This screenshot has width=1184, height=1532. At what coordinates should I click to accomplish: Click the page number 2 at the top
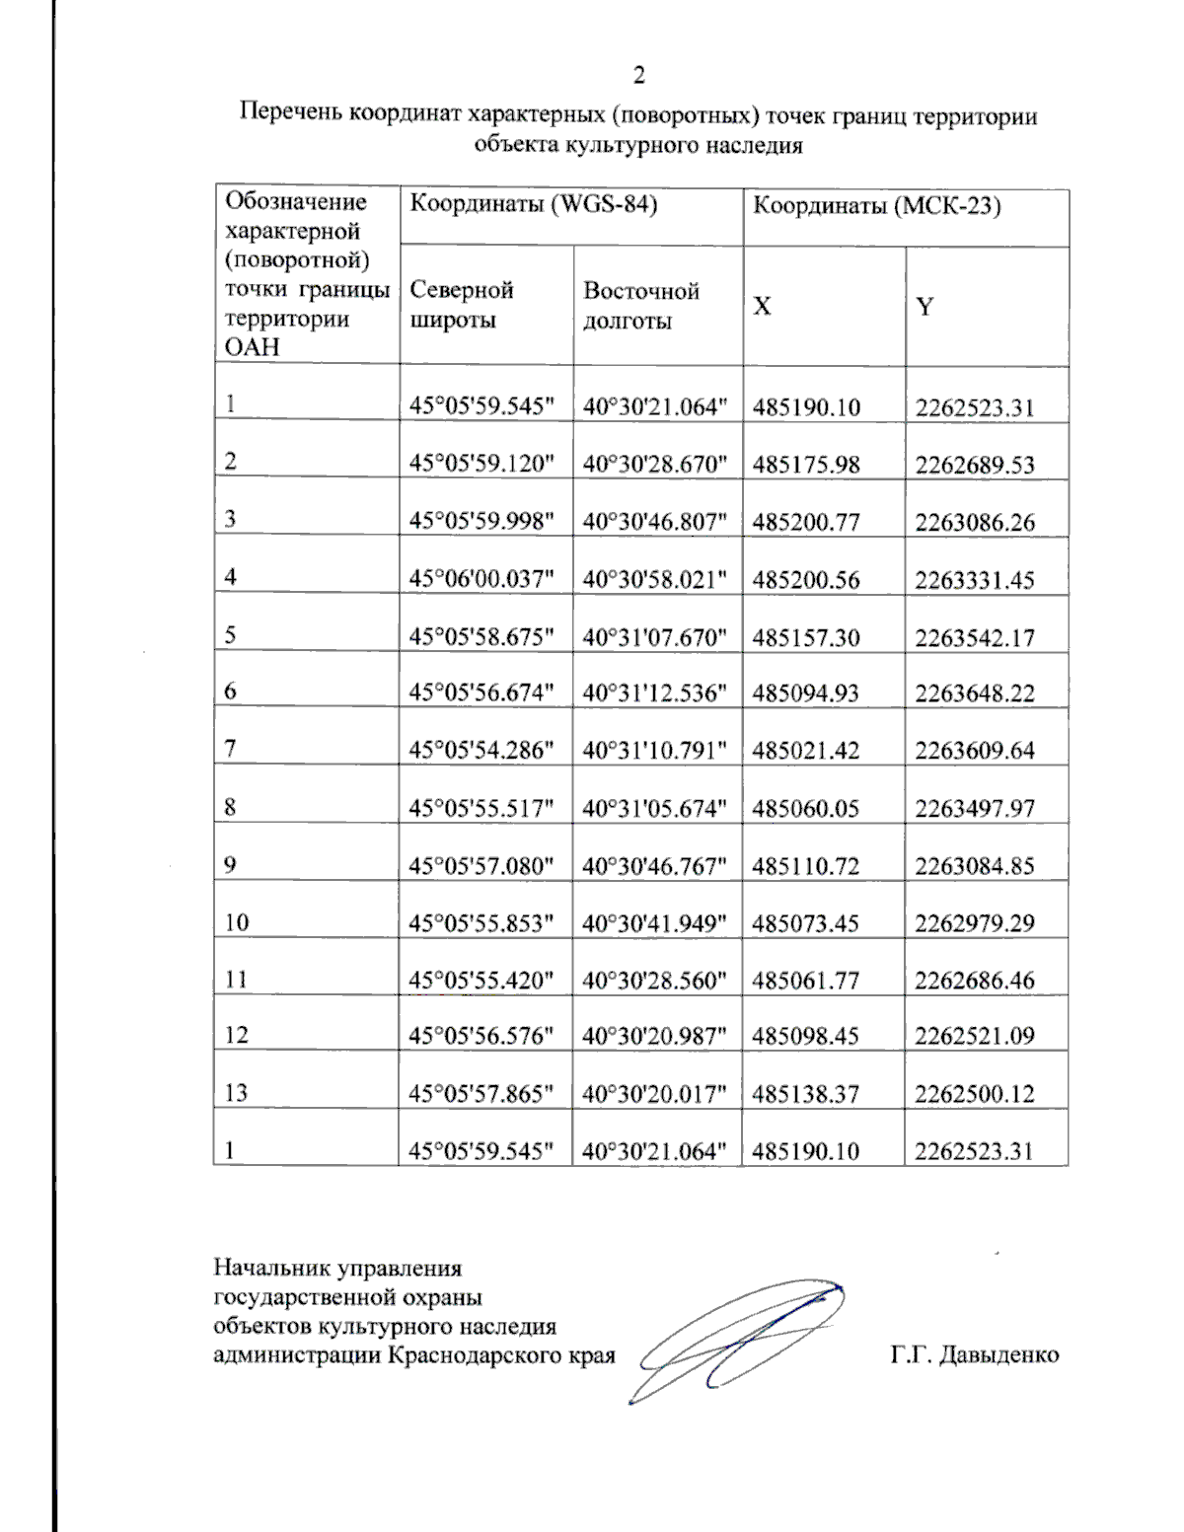click(638, 75)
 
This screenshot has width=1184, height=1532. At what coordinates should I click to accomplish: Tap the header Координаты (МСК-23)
click(876, 205)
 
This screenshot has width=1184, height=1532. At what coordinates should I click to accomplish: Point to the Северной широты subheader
click(461, 305)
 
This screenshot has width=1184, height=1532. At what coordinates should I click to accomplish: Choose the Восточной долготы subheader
click(640, 306)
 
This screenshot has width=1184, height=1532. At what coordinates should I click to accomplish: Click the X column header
click(762, 307)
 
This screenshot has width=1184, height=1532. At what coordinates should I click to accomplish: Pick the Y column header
click(924, 307)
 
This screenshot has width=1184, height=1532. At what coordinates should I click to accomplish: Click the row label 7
click(230, 749)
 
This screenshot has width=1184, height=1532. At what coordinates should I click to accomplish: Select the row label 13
click(235, 1093)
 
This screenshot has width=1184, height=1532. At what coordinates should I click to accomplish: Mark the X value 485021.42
click(805, 751)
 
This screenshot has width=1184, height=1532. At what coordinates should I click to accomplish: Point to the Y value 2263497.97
click(974, 808)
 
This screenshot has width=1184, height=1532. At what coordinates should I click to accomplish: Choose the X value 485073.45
click(805, 923)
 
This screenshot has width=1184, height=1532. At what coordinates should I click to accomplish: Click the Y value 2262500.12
click(974, 1094)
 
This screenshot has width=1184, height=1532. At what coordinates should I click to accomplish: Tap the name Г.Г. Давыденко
click(974, 1354)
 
